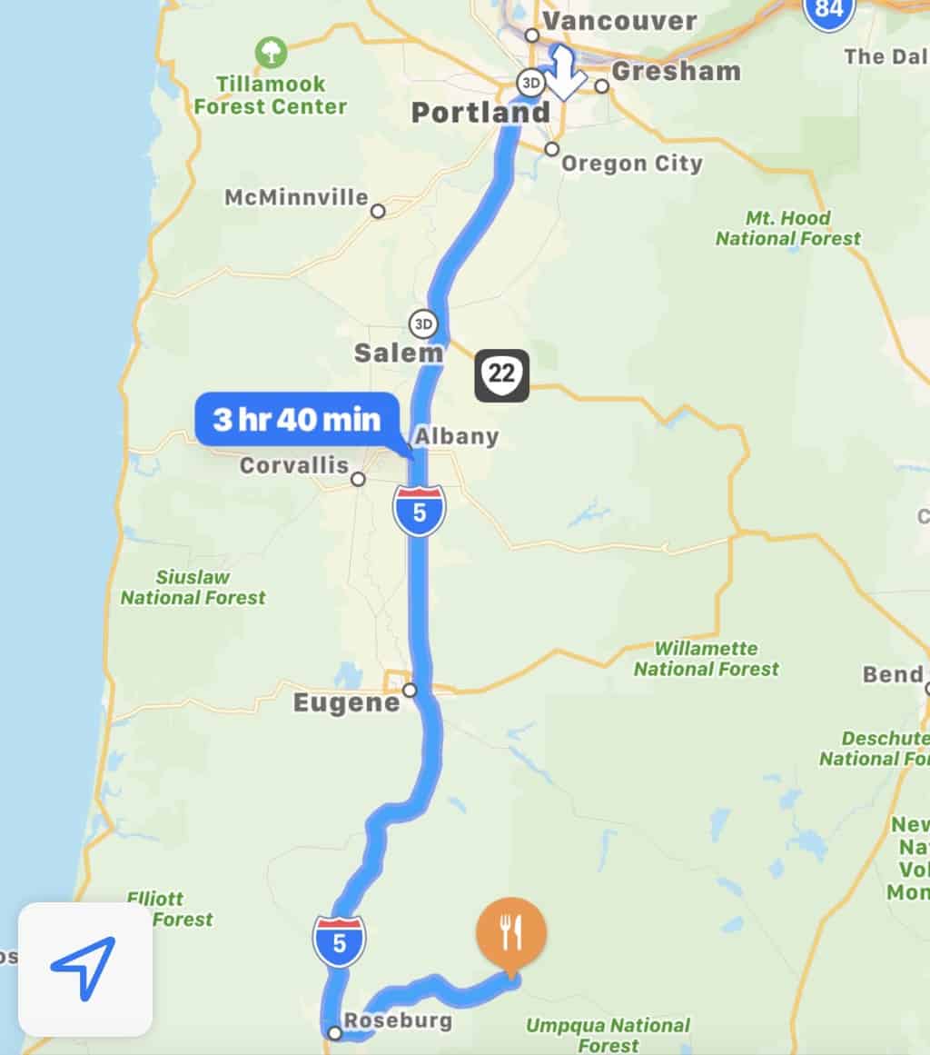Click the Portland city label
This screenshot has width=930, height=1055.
click(x=480, y=114)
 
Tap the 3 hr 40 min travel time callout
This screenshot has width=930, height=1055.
click(x=296, y=419)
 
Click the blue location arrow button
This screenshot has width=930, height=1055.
click(x=84, y=969)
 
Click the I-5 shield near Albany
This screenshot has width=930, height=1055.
click(x=419, y=511)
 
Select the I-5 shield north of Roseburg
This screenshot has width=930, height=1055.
click(x=339, y=941)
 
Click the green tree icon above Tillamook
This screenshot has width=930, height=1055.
click(x=270, y=51)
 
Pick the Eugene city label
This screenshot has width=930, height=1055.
click(x=346, y=703)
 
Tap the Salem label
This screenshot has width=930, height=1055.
click(x=399, y=353)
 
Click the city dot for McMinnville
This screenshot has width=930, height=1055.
click(x=378, y=211)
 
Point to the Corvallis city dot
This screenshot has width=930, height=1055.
click(x=359, y=479)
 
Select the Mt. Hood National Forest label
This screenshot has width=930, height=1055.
click(x=787, y=229)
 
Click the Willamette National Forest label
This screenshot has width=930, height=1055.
click(x=706, y=659)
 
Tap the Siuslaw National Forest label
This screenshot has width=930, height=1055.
click(x=193, y=588)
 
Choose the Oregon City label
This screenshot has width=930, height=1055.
click(x=631, y=164)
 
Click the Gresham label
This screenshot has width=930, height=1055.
click(x=676, y=71)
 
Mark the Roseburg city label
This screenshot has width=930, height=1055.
click(x=398, y=1020)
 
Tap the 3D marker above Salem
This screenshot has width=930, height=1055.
click(x=421, y=323)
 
